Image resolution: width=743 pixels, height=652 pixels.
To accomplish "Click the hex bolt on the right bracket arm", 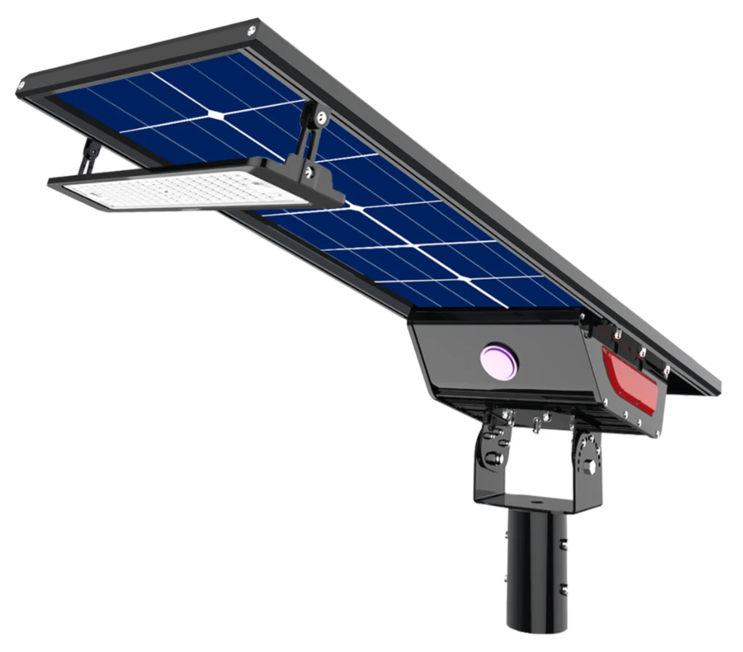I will point(589,466).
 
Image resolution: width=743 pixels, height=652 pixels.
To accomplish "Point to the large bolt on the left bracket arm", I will point(491,457).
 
